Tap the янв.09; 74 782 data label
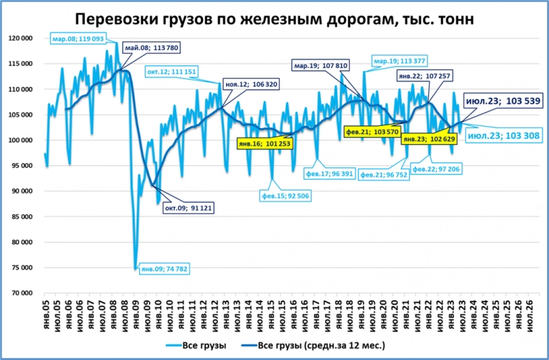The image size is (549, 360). (162, 269)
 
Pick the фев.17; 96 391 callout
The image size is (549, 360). (329, 174)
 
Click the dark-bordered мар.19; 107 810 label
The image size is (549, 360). (321, 66)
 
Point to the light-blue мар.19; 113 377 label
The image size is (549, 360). (399, 61)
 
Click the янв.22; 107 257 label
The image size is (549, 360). (424, 75)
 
